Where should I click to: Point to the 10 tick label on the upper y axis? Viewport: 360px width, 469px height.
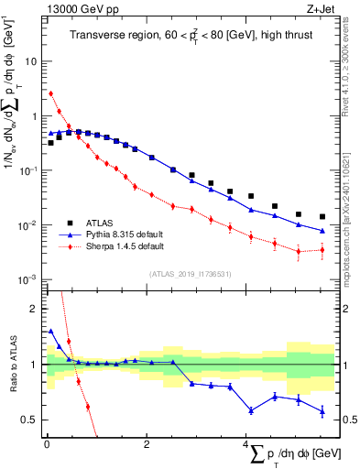32,61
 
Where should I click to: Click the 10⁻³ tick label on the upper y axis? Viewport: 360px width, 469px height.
30,279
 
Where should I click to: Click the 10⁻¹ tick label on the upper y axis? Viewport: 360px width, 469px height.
30,170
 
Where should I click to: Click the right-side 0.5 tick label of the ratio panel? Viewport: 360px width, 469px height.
347,420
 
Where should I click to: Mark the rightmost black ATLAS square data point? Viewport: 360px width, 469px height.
322,217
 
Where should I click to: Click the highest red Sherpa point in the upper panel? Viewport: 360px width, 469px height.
51,93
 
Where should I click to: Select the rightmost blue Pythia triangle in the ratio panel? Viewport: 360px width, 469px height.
322,412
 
